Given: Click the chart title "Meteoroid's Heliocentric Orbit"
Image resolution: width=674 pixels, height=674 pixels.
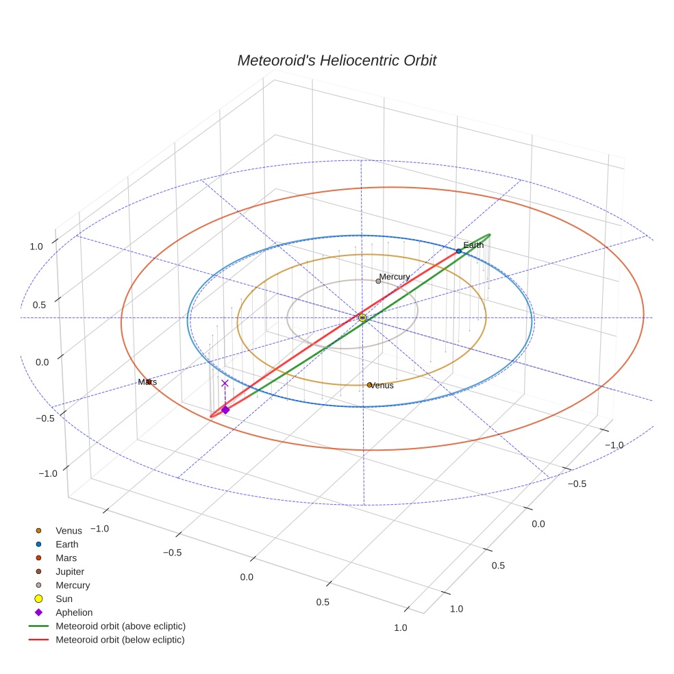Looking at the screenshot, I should click(x=336, y=60).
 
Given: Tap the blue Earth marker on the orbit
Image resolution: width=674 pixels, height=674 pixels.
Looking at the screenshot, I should click(x=458, y=251).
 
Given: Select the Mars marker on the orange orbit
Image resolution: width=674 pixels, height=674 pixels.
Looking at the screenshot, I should click(x=149, y=382).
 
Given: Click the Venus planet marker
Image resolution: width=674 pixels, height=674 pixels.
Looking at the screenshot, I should click(x=369, y=385).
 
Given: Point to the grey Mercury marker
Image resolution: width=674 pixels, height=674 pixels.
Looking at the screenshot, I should click(x=378, y=281).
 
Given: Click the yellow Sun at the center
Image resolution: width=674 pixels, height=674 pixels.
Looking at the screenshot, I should click(x=362, y=318).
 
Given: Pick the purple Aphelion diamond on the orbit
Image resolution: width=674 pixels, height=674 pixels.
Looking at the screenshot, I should click(x=225, y=410).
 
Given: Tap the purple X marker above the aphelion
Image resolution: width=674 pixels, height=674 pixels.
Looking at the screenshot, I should click(x=225, y=384).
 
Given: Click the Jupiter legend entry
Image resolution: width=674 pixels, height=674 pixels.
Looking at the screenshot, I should click(x=69, y=571).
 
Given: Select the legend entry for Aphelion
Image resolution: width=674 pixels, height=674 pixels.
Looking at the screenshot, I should click(x=73, y=612).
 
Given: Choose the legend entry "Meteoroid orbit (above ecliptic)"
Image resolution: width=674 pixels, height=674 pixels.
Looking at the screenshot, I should click(x=120, y=626).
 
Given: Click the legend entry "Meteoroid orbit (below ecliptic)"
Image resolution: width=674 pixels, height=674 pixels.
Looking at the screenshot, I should click(x=120, y=640).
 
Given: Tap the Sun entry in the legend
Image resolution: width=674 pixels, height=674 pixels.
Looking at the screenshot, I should click(x=64, y=599).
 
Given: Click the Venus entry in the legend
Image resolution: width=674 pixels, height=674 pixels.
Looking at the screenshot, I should click(x=68, y=530).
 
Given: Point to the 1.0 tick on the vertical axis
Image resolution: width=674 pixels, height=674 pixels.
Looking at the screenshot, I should click(x=36, y=246).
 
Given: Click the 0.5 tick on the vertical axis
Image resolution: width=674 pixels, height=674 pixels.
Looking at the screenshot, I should click(x=39, y=305).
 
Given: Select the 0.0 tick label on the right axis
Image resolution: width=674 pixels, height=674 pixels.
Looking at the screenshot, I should click(x=538, y=524).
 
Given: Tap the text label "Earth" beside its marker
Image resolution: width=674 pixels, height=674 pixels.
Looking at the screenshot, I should click(x=473, y=245).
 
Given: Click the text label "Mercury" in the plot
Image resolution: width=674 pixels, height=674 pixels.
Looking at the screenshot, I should click(x=395, y=277).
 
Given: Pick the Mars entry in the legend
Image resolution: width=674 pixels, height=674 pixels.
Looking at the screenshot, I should click(x=66, y=558).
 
